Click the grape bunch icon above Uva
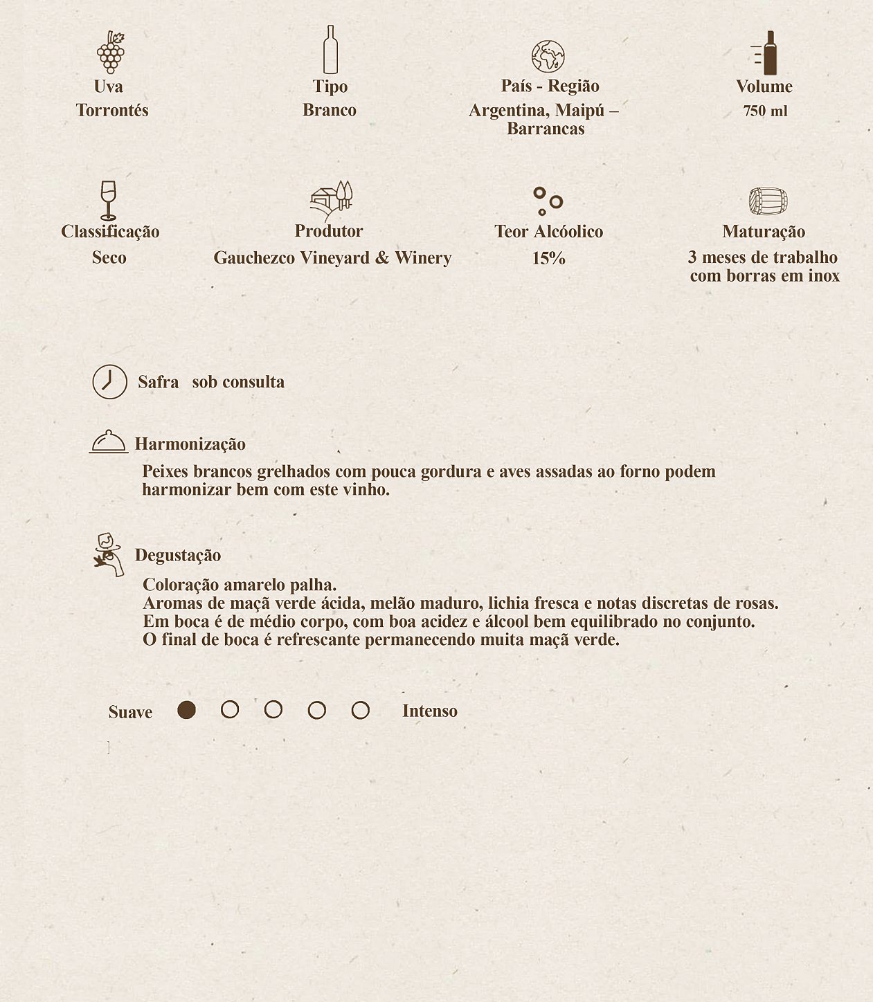(x=110, y=53)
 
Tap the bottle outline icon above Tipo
(x=330, y=50)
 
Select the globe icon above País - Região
(x=548, y=57)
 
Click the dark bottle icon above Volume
(x=767, y=53)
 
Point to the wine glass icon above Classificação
(x=108, y=200)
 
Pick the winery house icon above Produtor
(x=331, y=201)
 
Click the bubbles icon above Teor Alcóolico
(x=548, y=201)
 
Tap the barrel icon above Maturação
(x=768, y=201)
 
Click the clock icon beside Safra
(x=110, y=382)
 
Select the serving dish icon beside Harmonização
(x=109, y=441)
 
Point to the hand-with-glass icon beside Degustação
(x=109, y=554)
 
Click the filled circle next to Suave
(x=186, y=710)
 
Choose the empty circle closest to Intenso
(x=360, y=711)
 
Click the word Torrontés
(x=112, y=111)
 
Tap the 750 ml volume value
(x=765, y=111)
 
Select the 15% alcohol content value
(x=548, y=259)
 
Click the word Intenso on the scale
(x=429, y=711)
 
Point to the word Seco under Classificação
(x=109, y=258)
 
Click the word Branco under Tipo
(x=330, y=111)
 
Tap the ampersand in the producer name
(x=382, y=258)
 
